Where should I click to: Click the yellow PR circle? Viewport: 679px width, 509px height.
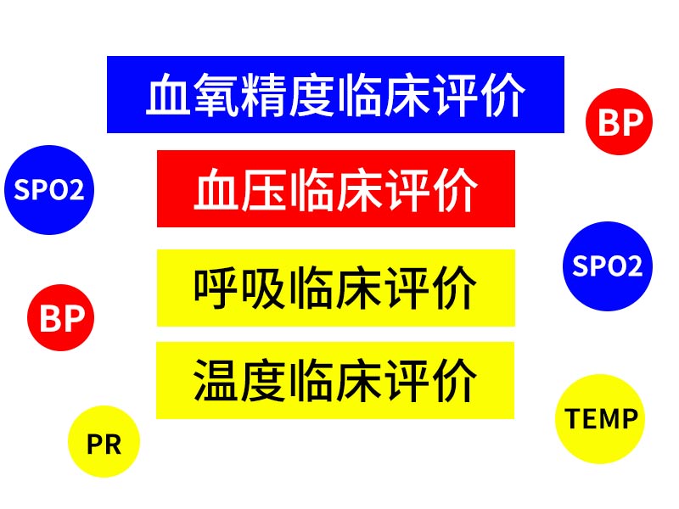pyautogui.click(x=104, y=441)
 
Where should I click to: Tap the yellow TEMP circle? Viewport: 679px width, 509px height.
pyautogui.click(x=600, y=418)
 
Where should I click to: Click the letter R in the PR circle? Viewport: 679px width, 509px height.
pyautogui.click(x=112, y=444)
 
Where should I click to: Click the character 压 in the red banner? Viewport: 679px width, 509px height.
pyautogui.click(x=264, y=189)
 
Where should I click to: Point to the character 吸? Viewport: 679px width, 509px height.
pyautogui.click(x=264, y=288)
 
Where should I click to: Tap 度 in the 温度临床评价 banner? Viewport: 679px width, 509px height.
pyautogui.click(x=264, y=380)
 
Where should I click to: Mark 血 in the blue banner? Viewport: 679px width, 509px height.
pyautogui.click(x=168, y=95)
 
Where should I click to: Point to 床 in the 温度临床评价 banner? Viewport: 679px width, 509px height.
pyautogui.click(x=359, y=380)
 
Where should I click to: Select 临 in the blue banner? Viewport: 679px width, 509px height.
pyautogui.click(x=358, y=95)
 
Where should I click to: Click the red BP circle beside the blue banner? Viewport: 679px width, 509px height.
pyautogui.click(x=619, y=121)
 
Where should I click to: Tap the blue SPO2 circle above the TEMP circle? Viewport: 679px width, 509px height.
pyautogui.click(x=608, y=266)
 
